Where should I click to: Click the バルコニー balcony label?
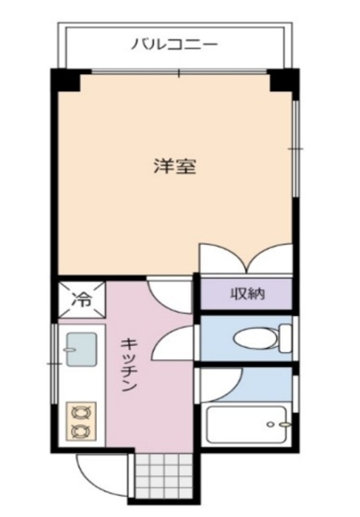click(x=174, y=44)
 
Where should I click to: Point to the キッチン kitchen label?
click(x=129, y=364)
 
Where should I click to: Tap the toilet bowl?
click(x=254, y=338)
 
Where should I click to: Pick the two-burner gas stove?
click(x=81, y=421)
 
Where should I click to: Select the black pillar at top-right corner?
click(x=283, y=82)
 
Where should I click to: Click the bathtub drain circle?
click(x=283, y=423)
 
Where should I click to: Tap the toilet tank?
click(x=284, y=337)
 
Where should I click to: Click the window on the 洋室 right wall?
click(x=295, y=149)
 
